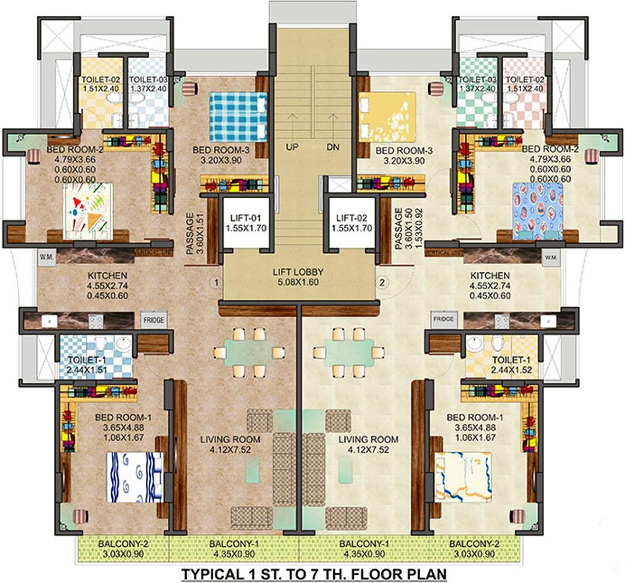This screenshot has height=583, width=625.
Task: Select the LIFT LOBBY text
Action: click(x=297, y=272)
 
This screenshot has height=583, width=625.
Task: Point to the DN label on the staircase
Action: click(x=333, y=147)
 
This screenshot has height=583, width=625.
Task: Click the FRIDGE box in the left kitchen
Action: click(x=154, y=319)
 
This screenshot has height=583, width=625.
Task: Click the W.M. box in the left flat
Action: click(x=45, y=257)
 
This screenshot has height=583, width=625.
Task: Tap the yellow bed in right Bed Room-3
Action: click(x=387, y=117)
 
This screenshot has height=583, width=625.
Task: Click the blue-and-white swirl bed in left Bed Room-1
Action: click(x=134, y=477)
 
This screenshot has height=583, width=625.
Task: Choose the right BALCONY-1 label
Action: click(x=363, y=543)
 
